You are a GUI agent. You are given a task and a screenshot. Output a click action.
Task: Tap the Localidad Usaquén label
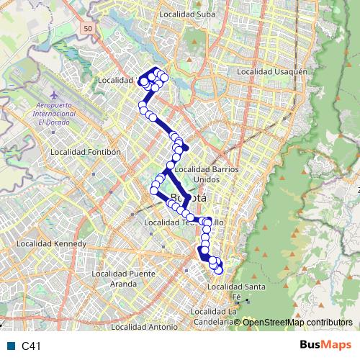(272, 72)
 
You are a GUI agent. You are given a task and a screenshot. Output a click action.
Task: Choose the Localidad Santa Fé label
(234, 292)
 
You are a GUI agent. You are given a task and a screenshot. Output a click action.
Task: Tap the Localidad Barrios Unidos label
(206, 174)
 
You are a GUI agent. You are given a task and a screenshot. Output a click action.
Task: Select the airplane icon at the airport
(54, 95)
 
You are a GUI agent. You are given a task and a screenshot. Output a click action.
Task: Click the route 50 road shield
(87, 27)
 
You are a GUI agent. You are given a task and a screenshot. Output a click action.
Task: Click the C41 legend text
(32, 346)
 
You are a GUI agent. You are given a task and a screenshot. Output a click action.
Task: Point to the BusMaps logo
(325, 345)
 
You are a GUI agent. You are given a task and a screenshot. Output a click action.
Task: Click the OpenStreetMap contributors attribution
(298, 322)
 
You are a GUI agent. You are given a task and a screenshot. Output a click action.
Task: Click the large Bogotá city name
(187, 197)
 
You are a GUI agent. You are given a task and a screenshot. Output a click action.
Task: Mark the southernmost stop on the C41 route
(219, 270)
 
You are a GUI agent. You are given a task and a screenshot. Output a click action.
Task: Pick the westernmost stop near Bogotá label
(154, 191)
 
